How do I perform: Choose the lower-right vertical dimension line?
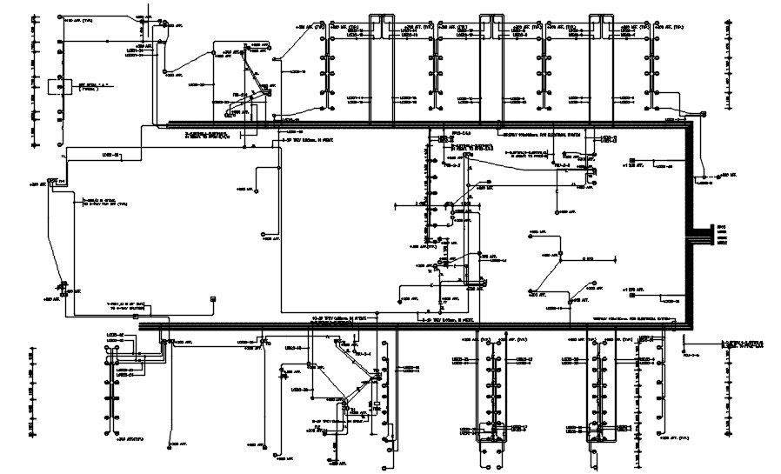tap(729, 391)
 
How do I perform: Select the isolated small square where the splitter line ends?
tap(213, 299)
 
